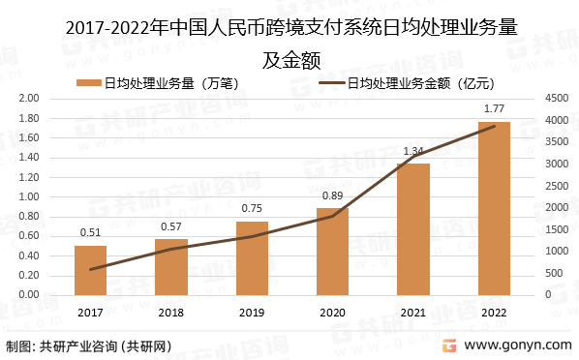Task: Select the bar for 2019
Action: click(x=252, y=258)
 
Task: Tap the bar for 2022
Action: click(x=494, y=208)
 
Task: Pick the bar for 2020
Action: click(x=332, y=252)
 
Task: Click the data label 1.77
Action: click(x=494, y=108)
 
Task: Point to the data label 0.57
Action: click(x=170, y=227)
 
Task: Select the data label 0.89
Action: click(x=332, y=196)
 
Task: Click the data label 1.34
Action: click(x=413, y=151)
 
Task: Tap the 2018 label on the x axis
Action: click(x=170, y=312)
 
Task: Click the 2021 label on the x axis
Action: click(x=413, y=312)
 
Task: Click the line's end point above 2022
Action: click(x=494, y=126)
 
